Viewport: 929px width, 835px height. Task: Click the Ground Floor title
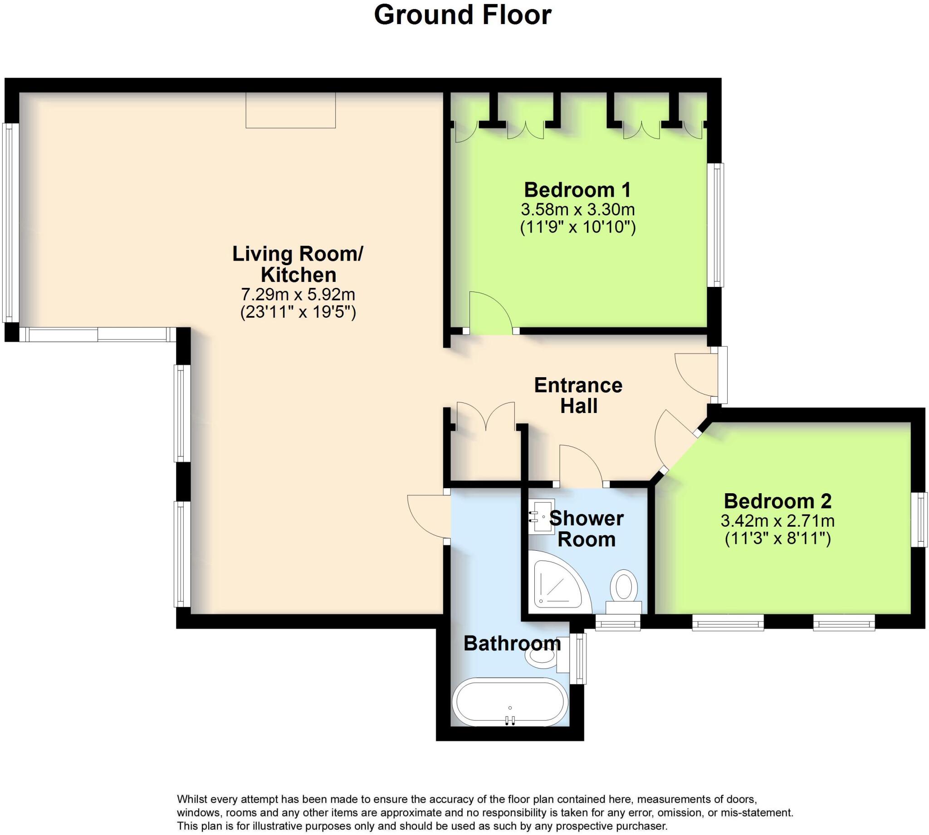click(x=462, y=15)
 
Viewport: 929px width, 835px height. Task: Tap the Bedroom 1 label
click(x=577, y=190)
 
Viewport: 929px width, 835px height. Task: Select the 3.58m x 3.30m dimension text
click(x=577, y=210)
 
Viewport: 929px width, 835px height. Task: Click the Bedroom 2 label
click(x=777, y=501)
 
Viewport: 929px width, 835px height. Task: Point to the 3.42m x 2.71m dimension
click(x=777, y=521)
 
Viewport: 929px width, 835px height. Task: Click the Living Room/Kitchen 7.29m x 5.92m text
click(x=298, y=294)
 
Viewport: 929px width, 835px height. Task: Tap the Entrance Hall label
click(x=578, y=396)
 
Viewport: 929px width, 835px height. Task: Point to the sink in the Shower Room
click(x=542, y=516)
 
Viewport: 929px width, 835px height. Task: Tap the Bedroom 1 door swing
click(x=489, y=312)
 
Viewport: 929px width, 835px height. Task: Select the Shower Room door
click(x=579, y=466)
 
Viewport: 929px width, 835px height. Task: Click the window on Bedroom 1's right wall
click(x=715, y=225)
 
